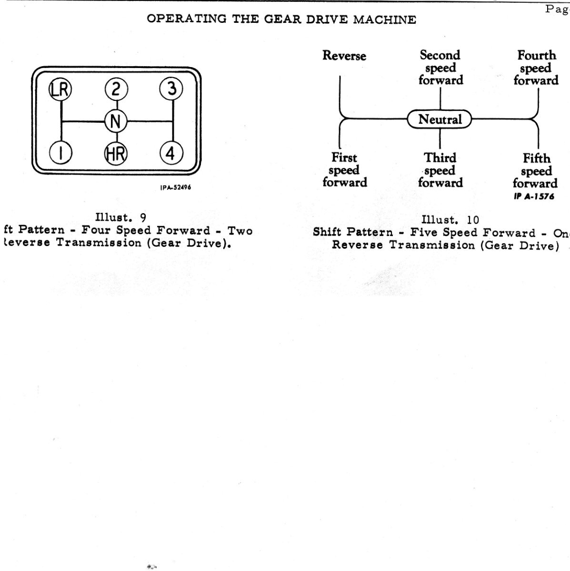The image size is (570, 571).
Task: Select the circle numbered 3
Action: [172, 89]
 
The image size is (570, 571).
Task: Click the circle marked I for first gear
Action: [61, 153]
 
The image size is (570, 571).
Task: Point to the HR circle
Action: [116, 153]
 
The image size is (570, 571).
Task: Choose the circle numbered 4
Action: [171, 153]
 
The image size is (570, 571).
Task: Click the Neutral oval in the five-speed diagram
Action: [440, 119]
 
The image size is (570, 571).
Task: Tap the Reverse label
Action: [344, 56]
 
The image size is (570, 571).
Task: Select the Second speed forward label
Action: [440, 68]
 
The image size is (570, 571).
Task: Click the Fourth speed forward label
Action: [536, 68]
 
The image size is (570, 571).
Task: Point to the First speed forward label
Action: [344, 170]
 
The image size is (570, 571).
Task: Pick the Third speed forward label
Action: [440, 170]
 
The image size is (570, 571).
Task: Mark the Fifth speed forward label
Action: [536, 170]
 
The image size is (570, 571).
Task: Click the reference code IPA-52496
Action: [175, 187]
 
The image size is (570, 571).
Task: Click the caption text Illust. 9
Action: [121, 218]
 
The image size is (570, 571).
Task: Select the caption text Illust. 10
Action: [450, 220]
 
